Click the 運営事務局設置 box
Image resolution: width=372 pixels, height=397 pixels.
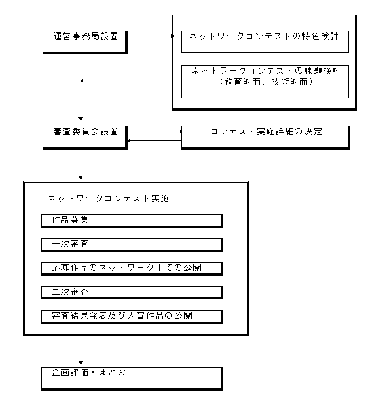click(84, 41)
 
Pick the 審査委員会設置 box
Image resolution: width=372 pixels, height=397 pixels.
click(84, 136)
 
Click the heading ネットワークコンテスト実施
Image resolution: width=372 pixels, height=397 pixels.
click(108, 199)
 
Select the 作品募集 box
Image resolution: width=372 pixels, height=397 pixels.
click(132, 221)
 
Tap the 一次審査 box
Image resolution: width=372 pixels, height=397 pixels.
click(132, 244)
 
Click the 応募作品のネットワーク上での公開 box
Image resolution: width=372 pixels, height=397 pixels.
click(132, 268)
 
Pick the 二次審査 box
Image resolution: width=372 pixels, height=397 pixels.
click(132, 293)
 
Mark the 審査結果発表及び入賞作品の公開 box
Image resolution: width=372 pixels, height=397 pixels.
click(132, 316)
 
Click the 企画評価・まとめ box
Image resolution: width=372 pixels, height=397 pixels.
click(132, 377)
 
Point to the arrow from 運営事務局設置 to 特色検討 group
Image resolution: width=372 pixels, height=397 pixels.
click(150, 36)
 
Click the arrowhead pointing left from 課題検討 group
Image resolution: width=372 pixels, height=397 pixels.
click(84, 81)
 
